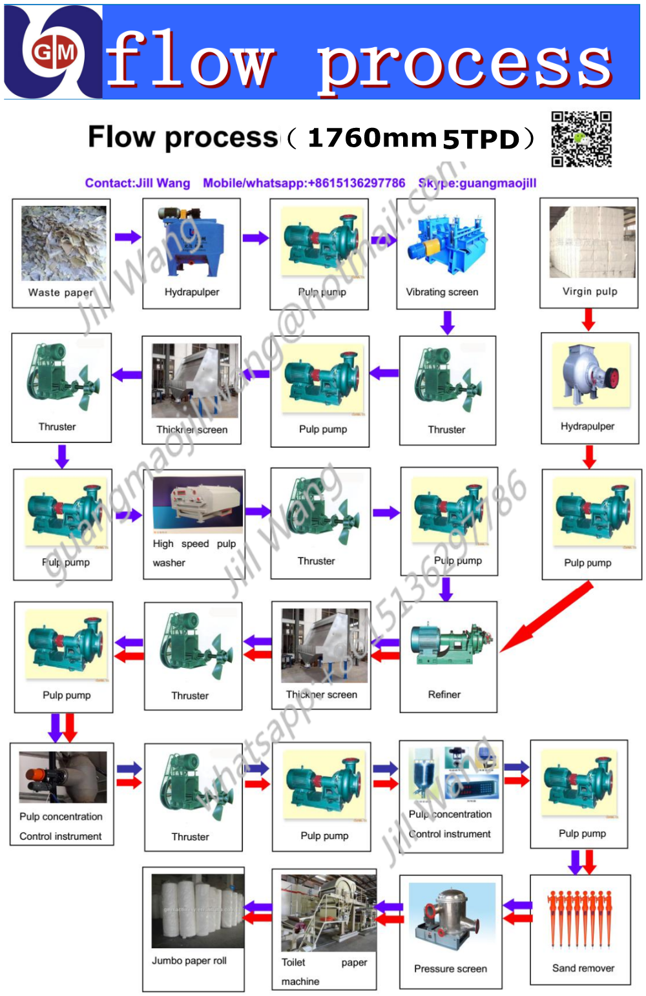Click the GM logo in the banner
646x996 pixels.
pyautogui.click(x=54, y=52)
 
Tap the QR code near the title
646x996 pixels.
pyautogui.click(x=581, y=139)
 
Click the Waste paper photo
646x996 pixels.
pyautogui.click(x=63, y=243)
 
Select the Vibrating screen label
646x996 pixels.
pyautogui.click(x=442, y=292)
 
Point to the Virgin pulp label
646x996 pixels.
pyautogui.click(x=590, y=291)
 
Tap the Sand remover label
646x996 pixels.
pyautogui.click(x=583, y=968)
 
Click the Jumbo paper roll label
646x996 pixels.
pyautogui.click(x=189, y=960)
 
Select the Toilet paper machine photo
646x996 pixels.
pyautogui.click(x=328, y=912)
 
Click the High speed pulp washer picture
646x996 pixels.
pyautogui.click(x=197, y=501)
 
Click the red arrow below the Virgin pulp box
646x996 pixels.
pyautogui.click(x=589, y=319)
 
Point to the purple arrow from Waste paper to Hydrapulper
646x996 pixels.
pyautogui.click(x=127, y=237)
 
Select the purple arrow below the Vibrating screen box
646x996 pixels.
pyautogui.click(x=447, y=322)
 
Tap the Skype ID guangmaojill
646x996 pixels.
pyautogui.click(x=495, y=183)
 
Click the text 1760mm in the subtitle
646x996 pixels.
pyautogui.click(x=372, y=138)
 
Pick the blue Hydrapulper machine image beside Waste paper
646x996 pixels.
pyautogui.click(x=192, y=238)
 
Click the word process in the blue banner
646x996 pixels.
pyautogui.click(x=465, y=65)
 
